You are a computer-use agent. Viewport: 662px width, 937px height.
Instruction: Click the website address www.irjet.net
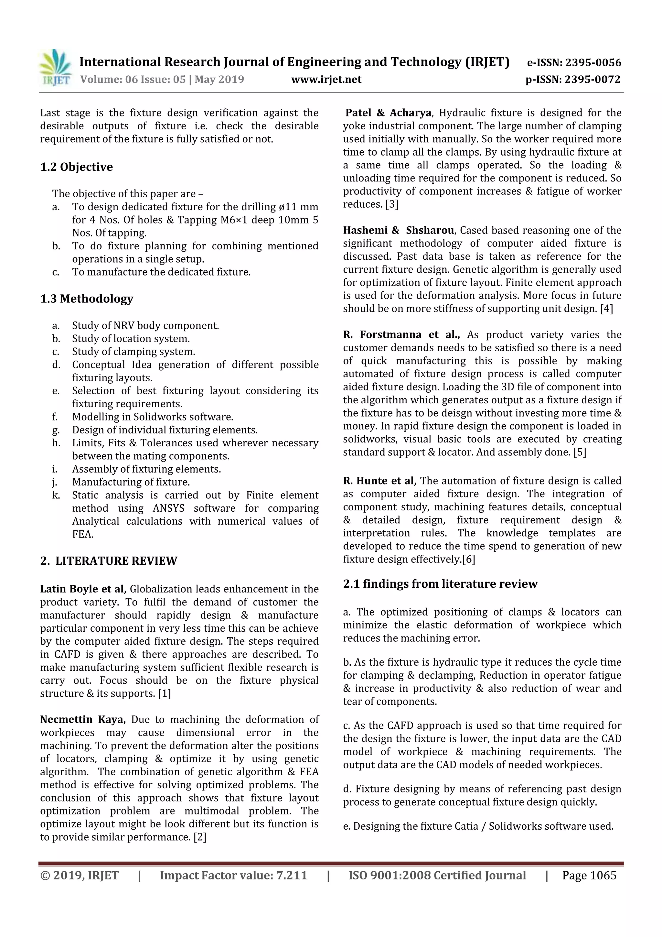(326, 79)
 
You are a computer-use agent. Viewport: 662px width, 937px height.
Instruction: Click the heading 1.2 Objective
(76, 167)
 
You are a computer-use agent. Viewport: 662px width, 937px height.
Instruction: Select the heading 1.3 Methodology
(87, 299)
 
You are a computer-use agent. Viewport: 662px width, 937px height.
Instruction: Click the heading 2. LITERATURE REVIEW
(109, 561)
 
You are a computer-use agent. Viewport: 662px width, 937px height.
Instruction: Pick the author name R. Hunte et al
(379, 481)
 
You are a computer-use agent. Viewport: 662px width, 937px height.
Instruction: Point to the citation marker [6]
(469, 559)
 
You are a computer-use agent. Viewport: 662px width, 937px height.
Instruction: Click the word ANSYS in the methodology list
(168, 508)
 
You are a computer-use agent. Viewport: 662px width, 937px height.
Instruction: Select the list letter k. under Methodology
(56, 495)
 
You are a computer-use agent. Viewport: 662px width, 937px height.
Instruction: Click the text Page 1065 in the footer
(589, 875)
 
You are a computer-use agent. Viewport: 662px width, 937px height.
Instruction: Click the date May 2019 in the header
(219, 79)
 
